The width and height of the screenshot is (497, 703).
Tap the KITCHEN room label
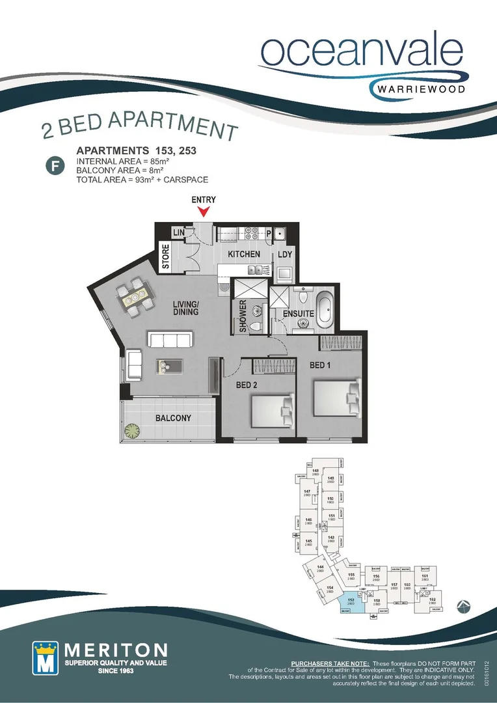(x=244, y=255)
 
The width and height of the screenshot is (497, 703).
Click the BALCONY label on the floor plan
(x=173, y=418)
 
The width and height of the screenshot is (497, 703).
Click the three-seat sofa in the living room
(x=170, y=339)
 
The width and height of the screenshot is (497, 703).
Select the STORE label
(x=166, y=257)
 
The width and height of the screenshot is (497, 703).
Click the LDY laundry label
(x=286, y=255)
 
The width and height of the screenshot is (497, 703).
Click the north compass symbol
(x=463, y=606)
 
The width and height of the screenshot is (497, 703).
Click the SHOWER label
(x=243, y=316)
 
